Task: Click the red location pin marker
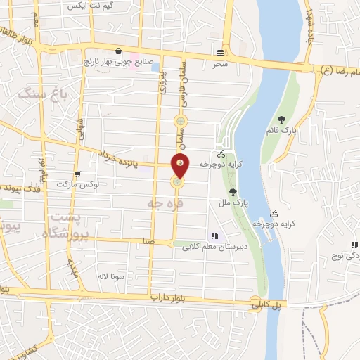[181, 165]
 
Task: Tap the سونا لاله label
[112, 276]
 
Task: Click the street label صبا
[148, 240]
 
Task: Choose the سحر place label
[222, 63]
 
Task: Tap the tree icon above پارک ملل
[233, 192]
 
